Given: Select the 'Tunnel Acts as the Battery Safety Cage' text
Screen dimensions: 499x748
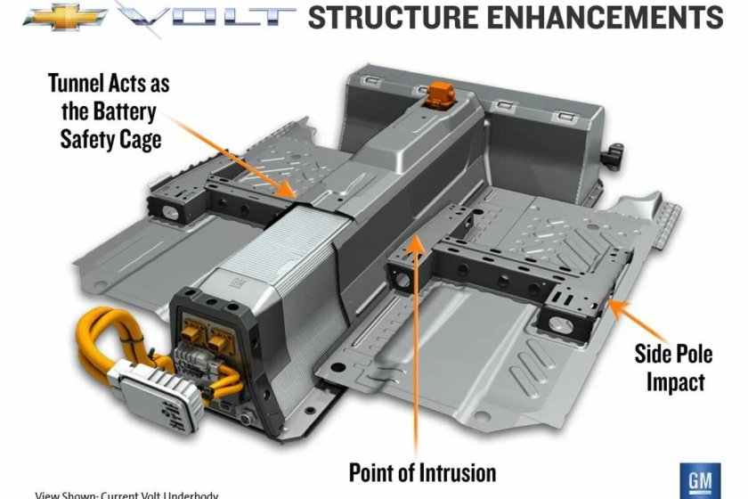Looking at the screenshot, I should (108, 112).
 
